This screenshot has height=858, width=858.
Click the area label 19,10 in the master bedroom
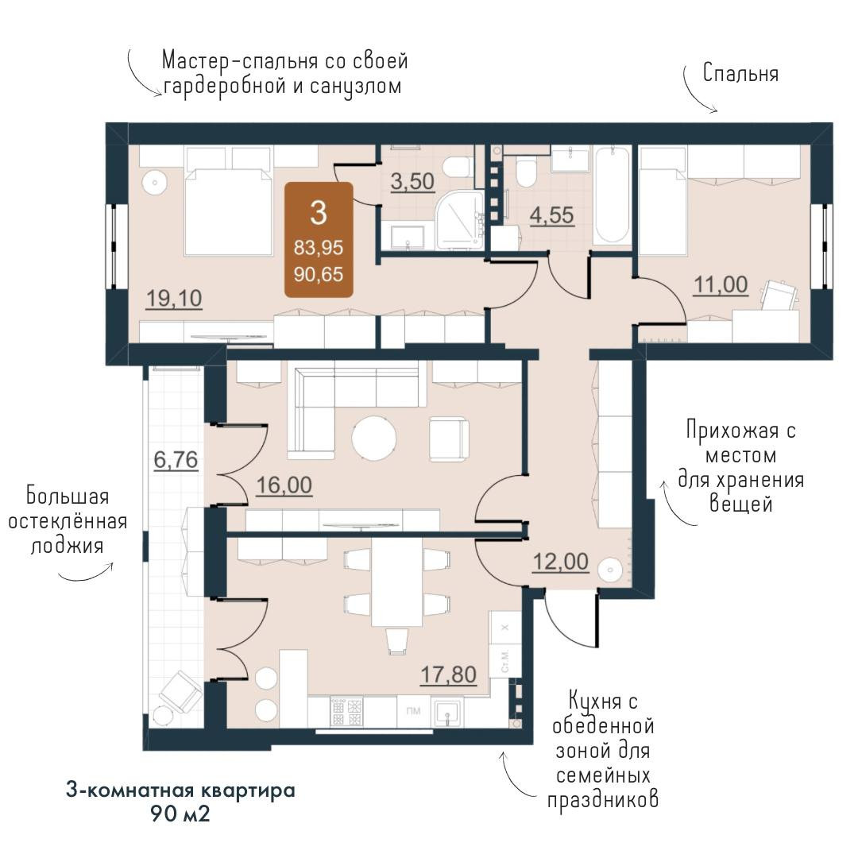point(174,299)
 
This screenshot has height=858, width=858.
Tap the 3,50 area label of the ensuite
point(412,181)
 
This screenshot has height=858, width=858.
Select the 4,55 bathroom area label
point(551,215)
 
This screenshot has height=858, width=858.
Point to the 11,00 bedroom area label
point(721,285)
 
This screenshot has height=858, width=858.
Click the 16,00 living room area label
point(284,485)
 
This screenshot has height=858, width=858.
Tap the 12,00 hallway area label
point(560,562)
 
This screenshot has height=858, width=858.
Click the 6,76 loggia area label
point(176,460)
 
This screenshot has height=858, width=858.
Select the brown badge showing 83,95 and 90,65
point(319,240)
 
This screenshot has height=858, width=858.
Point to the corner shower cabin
point(460,220)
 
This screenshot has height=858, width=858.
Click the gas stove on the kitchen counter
point(346,711)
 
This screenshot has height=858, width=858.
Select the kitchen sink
point(447,713)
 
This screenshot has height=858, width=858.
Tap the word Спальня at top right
point(740,73)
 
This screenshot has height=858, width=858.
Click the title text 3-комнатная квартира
point(180,790)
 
